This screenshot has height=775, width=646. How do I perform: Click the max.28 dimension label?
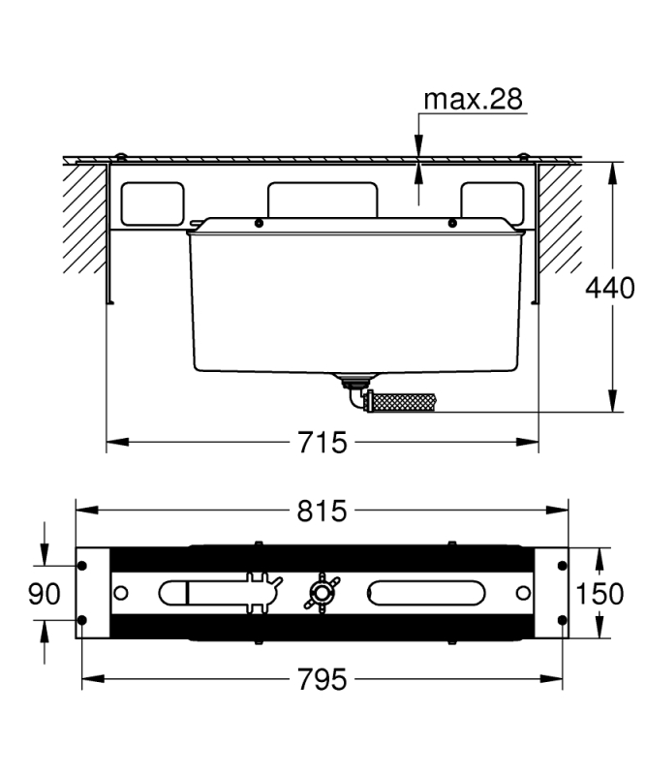pyautogui.click(x=473, y=99)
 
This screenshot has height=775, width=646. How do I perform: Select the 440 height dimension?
pyautogui.click(x=610, y=288)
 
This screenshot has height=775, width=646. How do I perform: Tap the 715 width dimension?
pyautogui.click(x=323, y=442)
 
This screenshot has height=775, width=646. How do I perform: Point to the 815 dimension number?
pyautogui.click(x=323, y=511)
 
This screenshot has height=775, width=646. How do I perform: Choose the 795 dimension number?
pyautogui.click(x=323, y=679)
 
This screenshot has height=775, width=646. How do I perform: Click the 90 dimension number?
pyautogui.click(x=44, y=594)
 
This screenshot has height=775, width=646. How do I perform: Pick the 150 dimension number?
pyautogui.click(x=600, y=594)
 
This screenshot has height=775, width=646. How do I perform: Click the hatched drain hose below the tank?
pyautogui.click(x=400, y=402)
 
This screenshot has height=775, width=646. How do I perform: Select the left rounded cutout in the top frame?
pyautogui.click(x=153, y=203)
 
